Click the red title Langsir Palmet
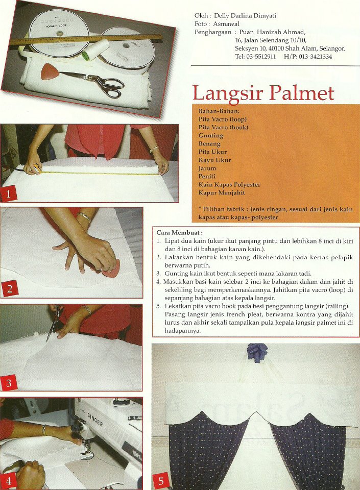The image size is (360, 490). click(x=263, y=93)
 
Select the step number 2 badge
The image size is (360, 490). click(x=9, y=288)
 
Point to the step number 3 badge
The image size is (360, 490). click(x=9, y=383)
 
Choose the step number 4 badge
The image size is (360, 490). click(x=9, y=481)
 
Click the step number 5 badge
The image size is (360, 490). click(x=161, y=481)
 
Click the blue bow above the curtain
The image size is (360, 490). click(x=257, y=352)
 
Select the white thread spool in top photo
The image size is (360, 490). click(x=95, y=49)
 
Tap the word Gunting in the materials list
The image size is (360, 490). click(x=211, y=135)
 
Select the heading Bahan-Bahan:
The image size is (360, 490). click(x=219, y=111)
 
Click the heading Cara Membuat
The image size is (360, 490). click(x=179, y=233)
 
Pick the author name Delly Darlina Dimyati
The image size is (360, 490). click(x=245, y=16)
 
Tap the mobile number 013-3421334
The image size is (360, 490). click(x=315, y=57)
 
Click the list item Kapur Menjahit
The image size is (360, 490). click(x=222, y=192)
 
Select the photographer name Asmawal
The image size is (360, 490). click(x=226, y=24)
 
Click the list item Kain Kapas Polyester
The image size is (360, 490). click(x=229, y=184)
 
